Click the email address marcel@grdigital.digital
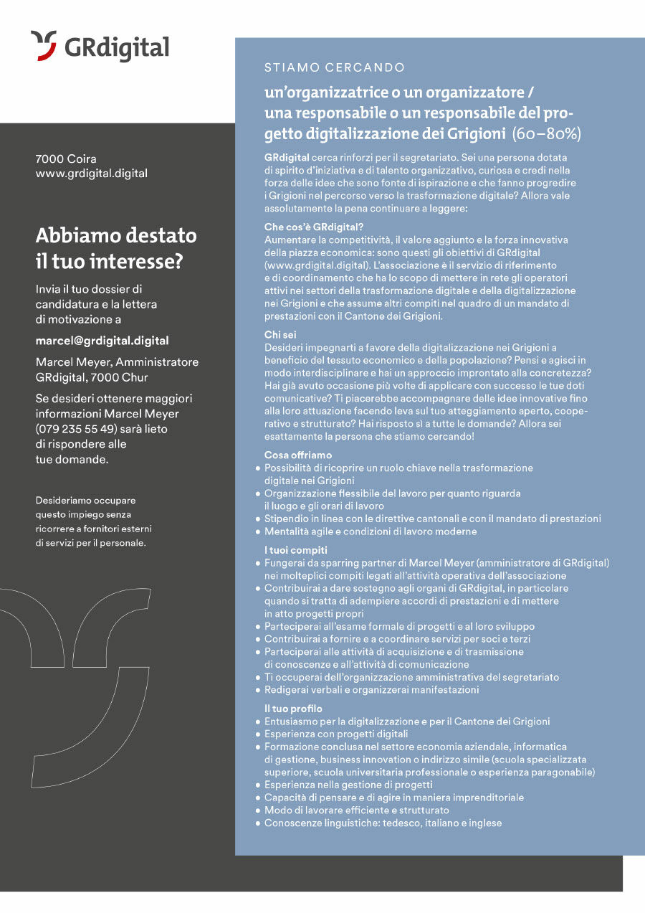(102, 341)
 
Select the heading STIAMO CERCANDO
(335, 67)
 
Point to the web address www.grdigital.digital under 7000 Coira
(91, 173)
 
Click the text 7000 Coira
(66, 159)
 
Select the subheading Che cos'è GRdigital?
(314, 227)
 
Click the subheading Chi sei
(280, 334)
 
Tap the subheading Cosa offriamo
(298, 455)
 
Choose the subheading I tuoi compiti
(296, 550)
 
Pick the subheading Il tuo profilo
(294, 709)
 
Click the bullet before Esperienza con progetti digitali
(258, 734)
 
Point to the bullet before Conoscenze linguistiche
(258, 823)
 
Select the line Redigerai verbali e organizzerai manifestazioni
(371, 690)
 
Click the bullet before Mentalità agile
(258, 531)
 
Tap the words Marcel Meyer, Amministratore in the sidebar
(117, 362)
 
